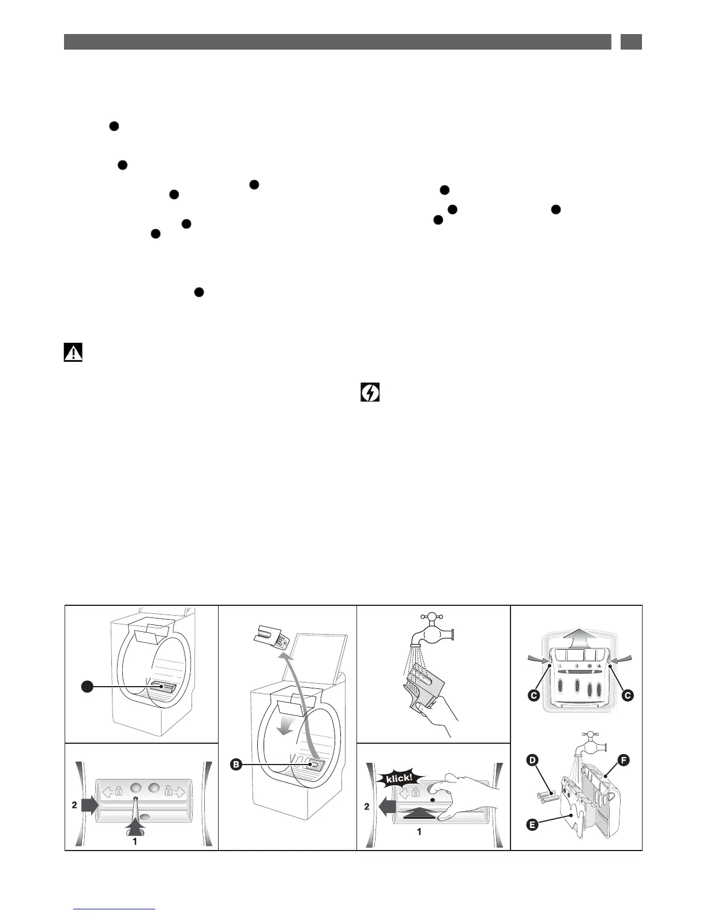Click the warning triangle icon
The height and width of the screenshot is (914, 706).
[x=73, y=352]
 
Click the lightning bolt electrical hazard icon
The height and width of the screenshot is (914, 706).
[x=370, y=394]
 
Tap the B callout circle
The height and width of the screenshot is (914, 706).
[x=235, y=765]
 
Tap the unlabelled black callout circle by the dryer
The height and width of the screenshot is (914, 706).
[x=87, y=686]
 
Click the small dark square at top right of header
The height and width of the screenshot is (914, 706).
[x=631, y=42]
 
